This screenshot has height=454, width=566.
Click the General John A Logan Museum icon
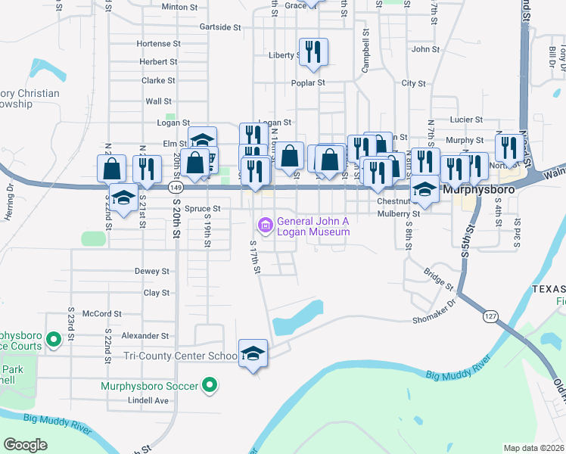(265, 225)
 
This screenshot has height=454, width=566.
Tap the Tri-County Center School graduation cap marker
(253, 353)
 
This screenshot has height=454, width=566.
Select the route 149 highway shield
(176, 186)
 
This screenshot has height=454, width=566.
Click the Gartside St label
(219, 26)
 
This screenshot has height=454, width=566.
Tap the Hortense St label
(159, 44)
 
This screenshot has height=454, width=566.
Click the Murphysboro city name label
(479, 189)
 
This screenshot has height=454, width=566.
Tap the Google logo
(26, 445)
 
